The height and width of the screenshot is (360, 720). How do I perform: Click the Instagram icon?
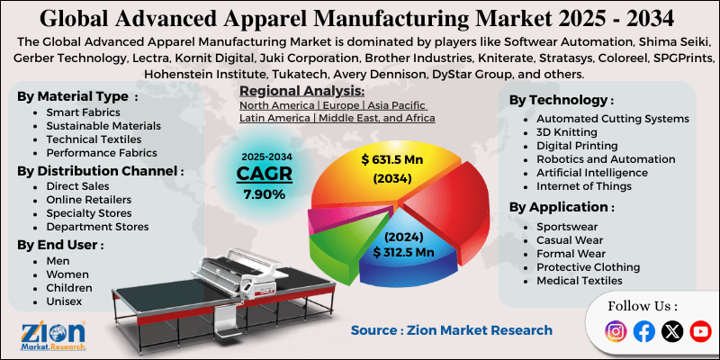tap(616, 331)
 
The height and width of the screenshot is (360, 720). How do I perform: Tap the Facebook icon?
tap(644, 331)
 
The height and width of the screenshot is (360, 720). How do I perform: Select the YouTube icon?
tap(699, 331)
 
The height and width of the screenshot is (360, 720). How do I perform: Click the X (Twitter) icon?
tap(671, 331)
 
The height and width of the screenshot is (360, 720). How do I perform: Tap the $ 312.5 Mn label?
tap(404, 253)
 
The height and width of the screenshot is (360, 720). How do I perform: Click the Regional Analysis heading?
tap(301, 91)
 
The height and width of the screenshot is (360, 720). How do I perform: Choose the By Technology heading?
tap(562, 100)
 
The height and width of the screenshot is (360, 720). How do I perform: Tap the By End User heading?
tap(60, 244)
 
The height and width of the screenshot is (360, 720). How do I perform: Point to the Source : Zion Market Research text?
tap(451, 330)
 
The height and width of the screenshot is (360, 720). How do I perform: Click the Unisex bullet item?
tap(64, 301)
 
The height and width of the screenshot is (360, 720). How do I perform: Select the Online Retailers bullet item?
tap(88, 199)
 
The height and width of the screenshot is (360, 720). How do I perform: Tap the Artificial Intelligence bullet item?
tap(591, 172)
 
